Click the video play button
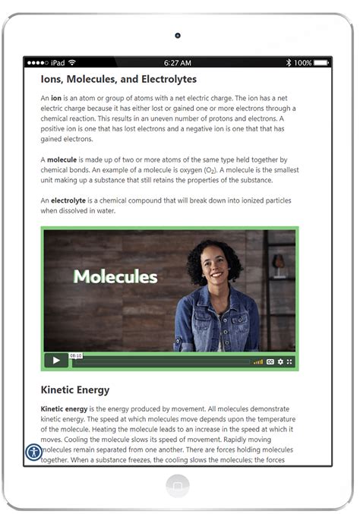pyautogui.click(x=55, y=361)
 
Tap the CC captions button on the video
pyautogui.click(x=270, y=361)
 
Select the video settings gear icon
pyautogui.click(x=280, y=361)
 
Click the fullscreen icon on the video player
pyautogui.click(x=289, y=361)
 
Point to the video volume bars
pyautogui.click(x=258, y=361)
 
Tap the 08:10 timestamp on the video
pyautogui.click(x=76, y=355)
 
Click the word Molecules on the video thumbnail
pyautogui.click(x=115, y=276)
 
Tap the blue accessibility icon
pyautogui.click(x=34, y=453)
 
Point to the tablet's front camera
pyautogui.click(x=178, y=36)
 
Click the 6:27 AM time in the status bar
pyautogui.click(x=178, y=62)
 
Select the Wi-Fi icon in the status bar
pyautogui.click(x=71, y=62)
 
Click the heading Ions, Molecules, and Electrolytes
pyautogui.click(x=118, y=79)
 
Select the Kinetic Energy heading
pyautogui.click(x=74, y=390)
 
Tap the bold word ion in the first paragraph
pyautogui.click(x=55, y=99)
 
